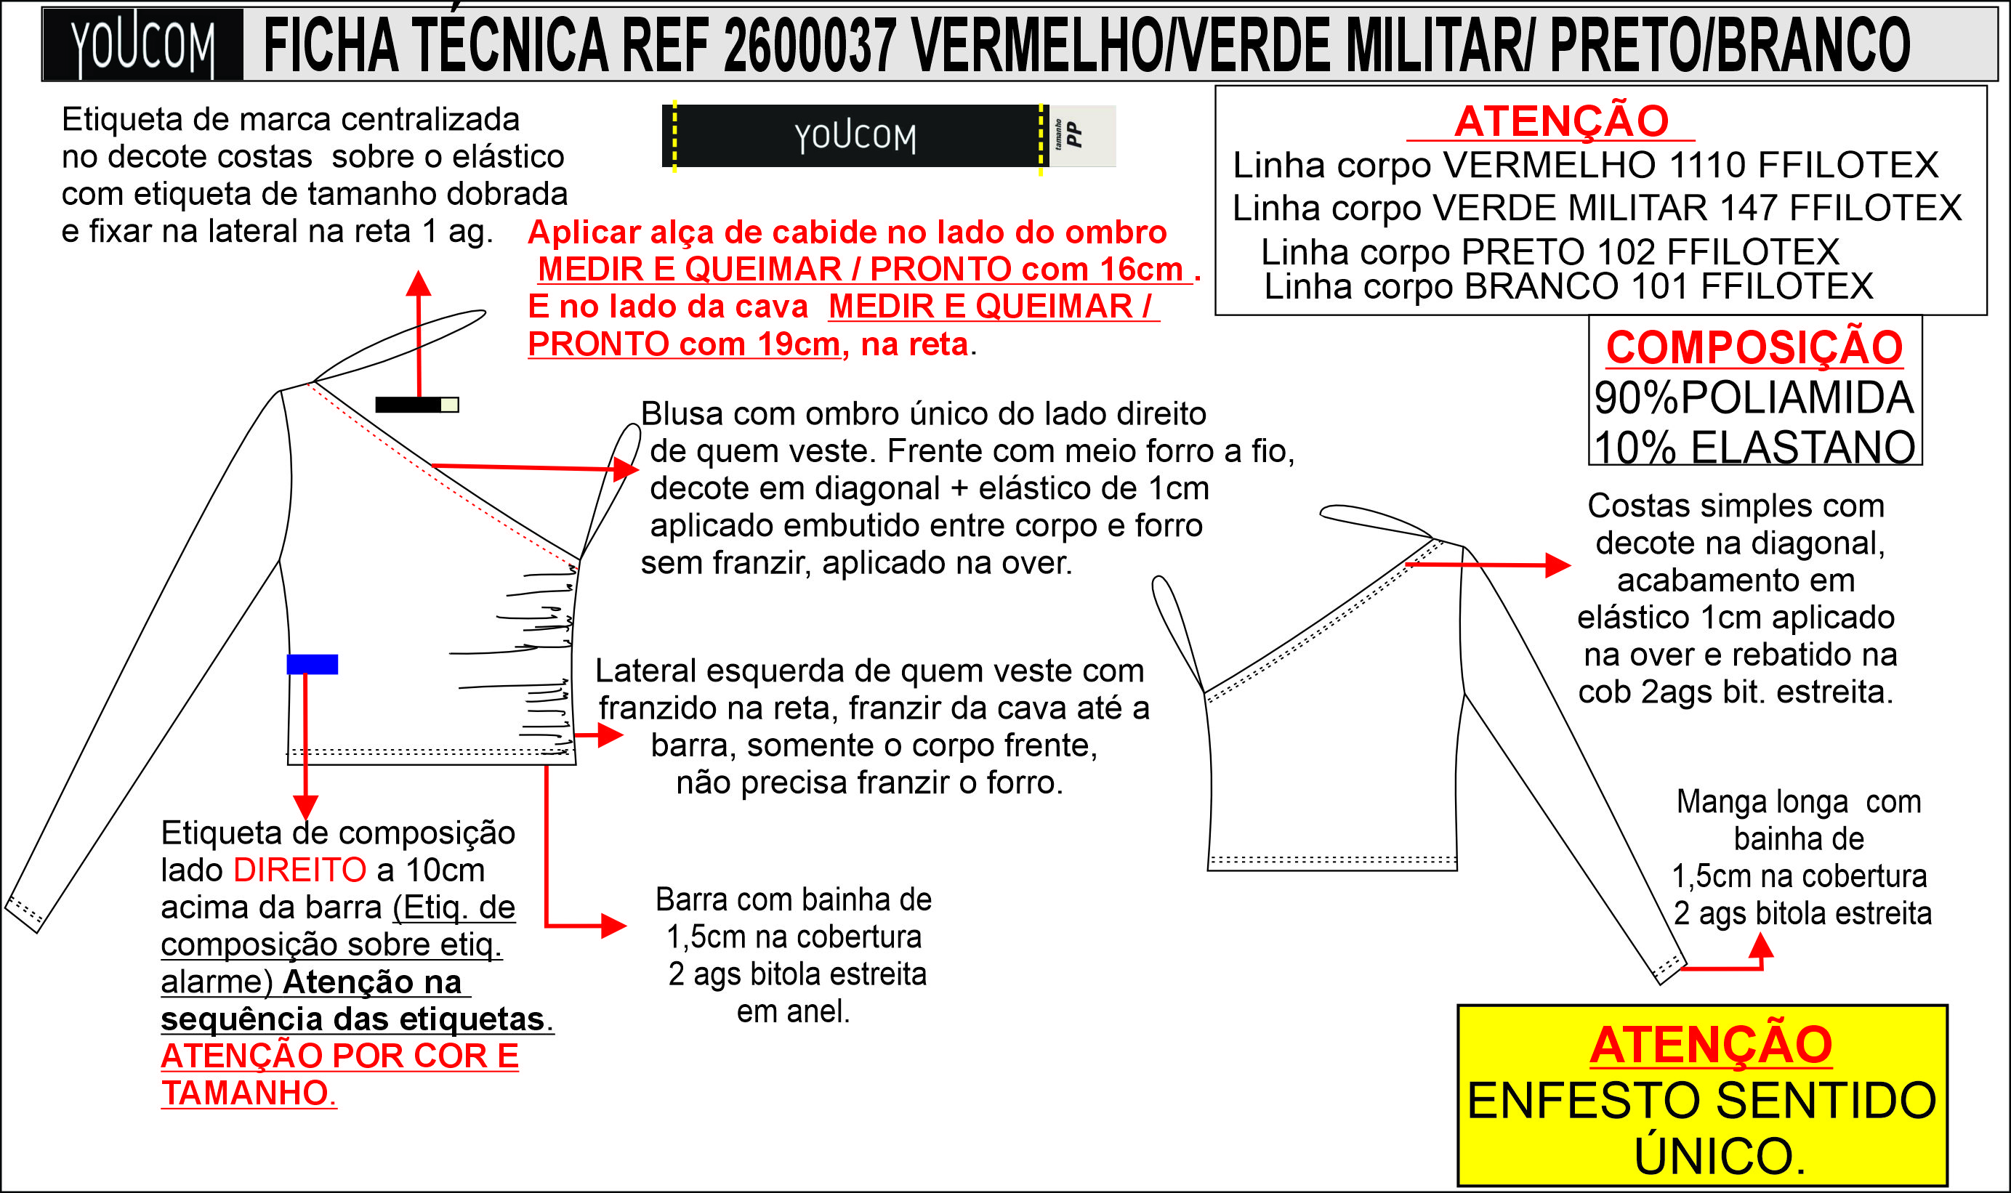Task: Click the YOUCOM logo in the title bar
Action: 142,45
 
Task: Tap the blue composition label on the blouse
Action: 312,664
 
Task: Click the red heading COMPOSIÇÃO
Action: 1754,347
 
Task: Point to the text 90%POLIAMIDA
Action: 1754,398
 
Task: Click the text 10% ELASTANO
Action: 1754,447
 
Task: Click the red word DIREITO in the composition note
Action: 300,870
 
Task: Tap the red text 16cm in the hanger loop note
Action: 1141,270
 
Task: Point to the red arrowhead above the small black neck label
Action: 418,283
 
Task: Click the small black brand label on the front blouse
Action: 408,405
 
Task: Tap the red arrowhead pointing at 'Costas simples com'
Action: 1557,565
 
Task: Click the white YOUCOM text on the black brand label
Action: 855,137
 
